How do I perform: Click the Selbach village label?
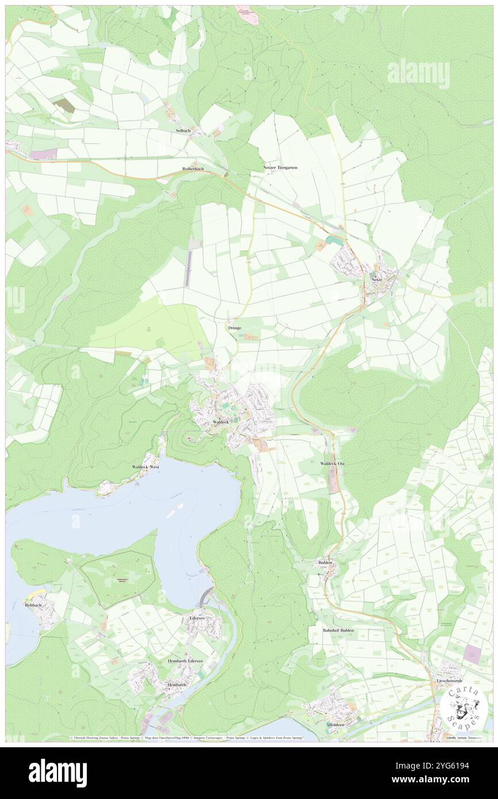click(183, 131)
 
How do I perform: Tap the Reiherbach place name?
click(189, 169)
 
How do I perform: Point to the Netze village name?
click(377, 280)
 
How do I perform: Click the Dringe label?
click(235, 327)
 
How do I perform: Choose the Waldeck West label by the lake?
click(145, 467)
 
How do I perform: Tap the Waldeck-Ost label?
click(332, 463)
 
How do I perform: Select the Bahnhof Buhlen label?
click(338, 631)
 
